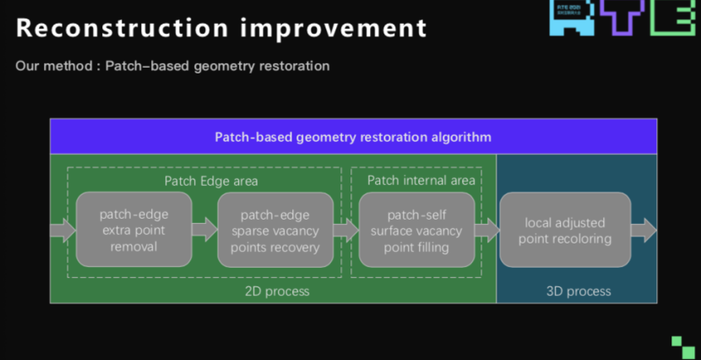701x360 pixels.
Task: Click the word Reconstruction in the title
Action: [x=115, y=28]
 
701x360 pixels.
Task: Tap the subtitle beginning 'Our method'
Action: [x=172, y=66]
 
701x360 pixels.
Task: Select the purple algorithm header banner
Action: [x=353, y=136]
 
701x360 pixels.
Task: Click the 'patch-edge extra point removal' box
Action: [x=133, y=230]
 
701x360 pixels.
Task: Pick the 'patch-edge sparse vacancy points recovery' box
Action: [x=275, y=230]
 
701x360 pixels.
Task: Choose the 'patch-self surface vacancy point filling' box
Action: [x=416, y=230]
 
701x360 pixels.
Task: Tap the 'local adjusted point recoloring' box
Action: [x=566, y=230]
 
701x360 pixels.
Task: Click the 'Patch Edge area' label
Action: [x=211, y=181]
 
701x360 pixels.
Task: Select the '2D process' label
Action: [x=276, y=291]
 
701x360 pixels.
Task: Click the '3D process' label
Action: [x=579, y=291]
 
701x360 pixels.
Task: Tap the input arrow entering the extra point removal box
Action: [x=62, y=229]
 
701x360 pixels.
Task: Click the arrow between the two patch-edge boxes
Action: [x=204, y=229]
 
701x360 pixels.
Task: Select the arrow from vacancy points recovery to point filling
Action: [x=345, y=229]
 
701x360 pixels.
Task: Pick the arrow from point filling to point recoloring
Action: [x=486, y=229]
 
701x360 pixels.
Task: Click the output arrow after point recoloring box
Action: [x=644, y=229]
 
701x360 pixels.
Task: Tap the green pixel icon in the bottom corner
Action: [x=683, y=346]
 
